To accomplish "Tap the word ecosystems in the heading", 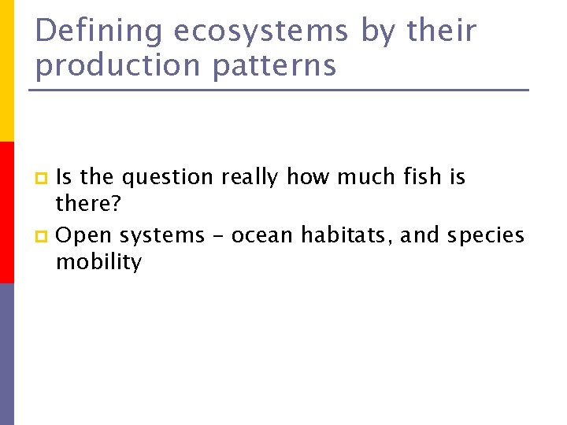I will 260,31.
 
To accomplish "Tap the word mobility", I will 98,263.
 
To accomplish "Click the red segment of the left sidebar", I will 6,213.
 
